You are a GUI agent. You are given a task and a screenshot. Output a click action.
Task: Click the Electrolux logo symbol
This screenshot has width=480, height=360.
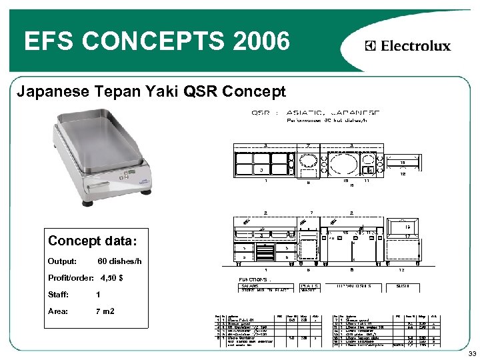point(370,46)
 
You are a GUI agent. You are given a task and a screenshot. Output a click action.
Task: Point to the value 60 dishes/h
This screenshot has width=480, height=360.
point(119,261)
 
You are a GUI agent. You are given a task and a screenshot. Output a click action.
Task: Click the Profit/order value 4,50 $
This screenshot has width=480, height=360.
point(111,277)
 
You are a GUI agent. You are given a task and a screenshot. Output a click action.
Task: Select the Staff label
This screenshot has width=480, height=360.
point(58,294)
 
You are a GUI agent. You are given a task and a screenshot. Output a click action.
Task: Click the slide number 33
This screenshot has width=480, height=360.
point(471,353)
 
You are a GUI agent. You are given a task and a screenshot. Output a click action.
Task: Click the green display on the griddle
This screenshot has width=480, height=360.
point(125,175)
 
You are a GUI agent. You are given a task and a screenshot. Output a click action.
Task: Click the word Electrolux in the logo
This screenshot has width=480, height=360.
point(416,46)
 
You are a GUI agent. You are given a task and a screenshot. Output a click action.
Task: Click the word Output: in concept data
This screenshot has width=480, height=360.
point(62,261)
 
